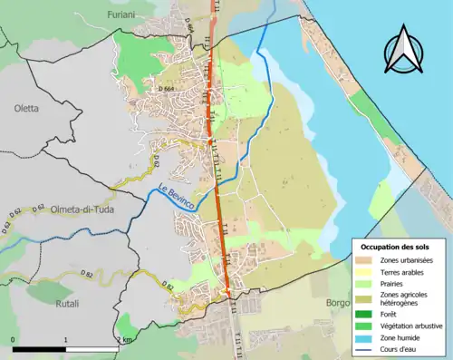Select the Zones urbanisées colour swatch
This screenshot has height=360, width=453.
click(x=366, y=261)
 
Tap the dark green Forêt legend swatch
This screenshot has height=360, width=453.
click(x=366, y=314)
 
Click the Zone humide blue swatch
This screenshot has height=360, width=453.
click(x=366, y=336)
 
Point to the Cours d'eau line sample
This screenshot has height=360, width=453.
click(x=366, y=346)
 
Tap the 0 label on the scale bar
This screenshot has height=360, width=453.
click(x=14, y=339)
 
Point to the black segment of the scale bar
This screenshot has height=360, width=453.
click(x=39, y=349)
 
